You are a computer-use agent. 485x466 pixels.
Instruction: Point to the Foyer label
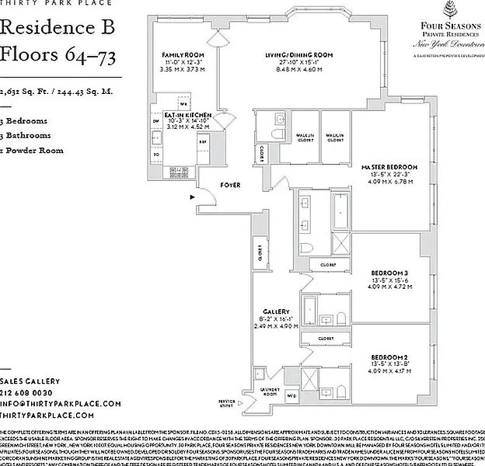coord(230,186)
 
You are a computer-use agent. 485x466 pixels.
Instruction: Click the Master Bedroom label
coord(389,167)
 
